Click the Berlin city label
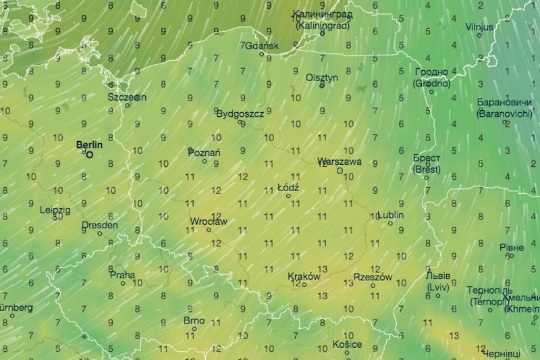89,145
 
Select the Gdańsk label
263,46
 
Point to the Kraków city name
304,276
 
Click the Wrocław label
209,222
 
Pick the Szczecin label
127,97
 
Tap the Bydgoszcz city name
240,114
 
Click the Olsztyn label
322,78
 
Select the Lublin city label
391,215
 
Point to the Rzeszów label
373,277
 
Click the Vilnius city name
479,27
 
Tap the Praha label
122,275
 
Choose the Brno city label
194,320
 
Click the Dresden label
99,225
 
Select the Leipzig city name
55,209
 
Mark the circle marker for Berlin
89,154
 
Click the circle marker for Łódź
288,196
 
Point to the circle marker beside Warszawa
340,171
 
